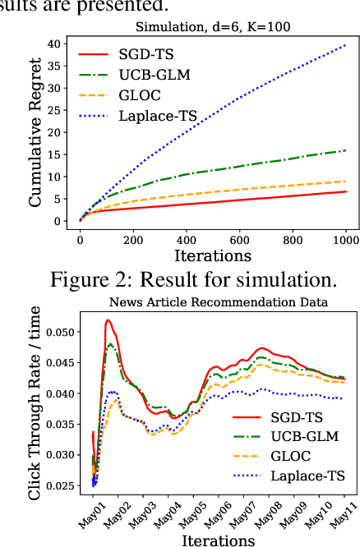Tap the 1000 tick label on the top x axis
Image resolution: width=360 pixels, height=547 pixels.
pyautogui.click(x=345, y=238)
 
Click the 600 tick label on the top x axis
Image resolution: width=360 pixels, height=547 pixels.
pyautogui.click(x=239, y=238)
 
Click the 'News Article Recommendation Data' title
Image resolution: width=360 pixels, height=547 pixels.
pyautogui.click(x=218, y=302)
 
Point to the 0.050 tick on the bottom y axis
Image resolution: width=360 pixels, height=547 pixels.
pyautogui.click(x=58, y=332)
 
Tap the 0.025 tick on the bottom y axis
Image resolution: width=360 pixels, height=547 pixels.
pyautogui.click(x=58, y=486)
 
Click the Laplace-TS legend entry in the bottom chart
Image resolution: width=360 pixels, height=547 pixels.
pyautogui.click(x=305, y=475)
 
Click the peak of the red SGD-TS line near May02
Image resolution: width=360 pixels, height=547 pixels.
pyautogui.click(x=108, y=320)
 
